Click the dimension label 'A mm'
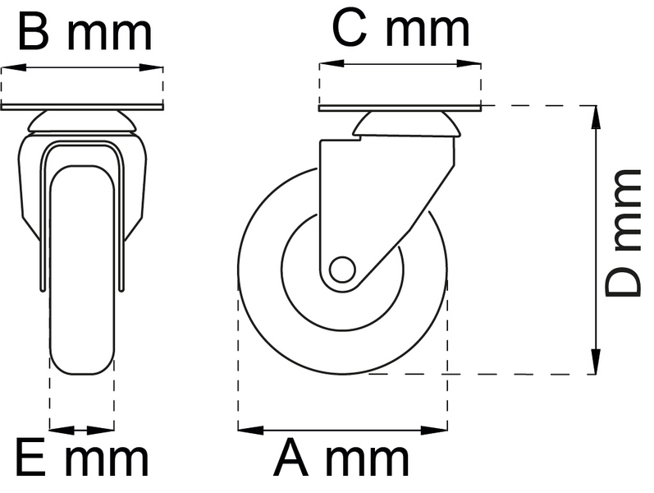pos(341,458)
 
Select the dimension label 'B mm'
pos(85,33)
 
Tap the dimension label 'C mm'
pos(400,30)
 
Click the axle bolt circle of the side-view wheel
pos(341,270)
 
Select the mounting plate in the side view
pos(399,108)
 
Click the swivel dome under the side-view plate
pos(404,125)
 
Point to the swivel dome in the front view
pos(82,124)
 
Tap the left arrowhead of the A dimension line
pos(246,429)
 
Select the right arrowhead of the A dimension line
pos(441,429)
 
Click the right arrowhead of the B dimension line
pos(156,68)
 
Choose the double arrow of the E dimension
pos(81,429)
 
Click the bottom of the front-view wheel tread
pos(81,371)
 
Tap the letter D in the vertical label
pos(623,279)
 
